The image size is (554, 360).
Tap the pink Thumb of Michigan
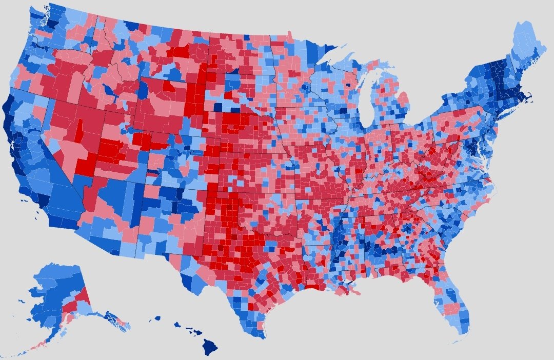click(x=403, y=98)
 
